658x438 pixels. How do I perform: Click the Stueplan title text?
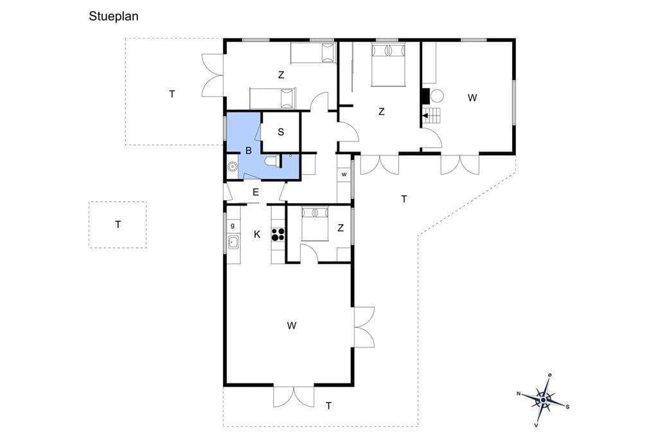click(x=113, y=16)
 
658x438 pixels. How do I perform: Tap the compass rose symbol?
click(x=543, y=400)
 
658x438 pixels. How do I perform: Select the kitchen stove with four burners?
click(x=278, y=234)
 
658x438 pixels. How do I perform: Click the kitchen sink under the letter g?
click(x=233, y=241)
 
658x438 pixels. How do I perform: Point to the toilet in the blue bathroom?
click(x=271, y=161)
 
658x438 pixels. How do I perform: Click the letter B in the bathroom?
click(x=249, y=151)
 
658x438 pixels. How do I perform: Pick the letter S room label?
click(x=281, y=132)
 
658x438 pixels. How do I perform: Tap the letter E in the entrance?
click(x=256, y=193)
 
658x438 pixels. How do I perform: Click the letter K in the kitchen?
click(x=257, y=234)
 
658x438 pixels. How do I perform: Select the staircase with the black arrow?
click(x=432, y=115)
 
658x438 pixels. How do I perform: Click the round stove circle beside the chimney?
click(x=437, y=96)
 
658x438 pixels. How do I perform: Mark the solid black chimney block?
click(x=425, y=96)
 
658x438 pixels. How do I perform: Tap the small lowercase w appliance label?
click(x=344, y=175)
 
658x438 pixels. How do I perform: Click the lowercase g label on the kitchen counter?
click(x=233, y=225)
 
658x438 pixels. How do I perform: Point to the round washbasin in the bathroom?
click(x=232, y=166)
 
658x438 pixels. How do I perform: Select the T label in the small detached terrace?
click(x=118, y=224)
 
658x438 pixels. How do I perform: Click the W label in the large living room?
click(x=292, y=325)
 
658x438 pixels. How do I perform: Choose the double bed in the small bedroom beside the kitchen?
click(x=315, y=224)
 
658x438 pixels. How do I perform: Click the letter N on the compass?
click(x=519, y=394)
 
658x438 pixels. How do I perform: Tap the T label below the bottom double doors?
click(x=328, y=406)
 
